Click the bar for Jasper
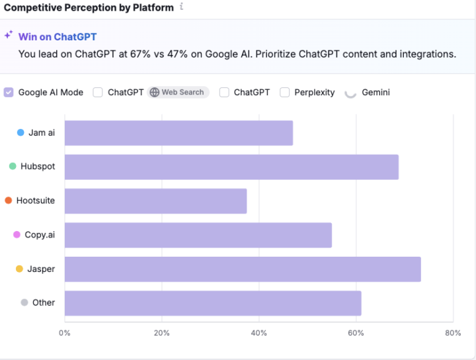(242, 269)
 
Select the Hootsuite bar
(155, 201)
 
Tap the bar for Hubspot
(231, 167)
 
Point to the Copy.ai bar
(198, 235)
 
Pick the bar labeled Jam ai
(178, 133)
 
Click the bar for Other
(213, 303)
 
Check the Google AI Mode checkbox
(9, 93)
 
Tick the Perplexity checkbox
(285, 93)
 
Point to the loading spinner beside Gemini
(350, 93)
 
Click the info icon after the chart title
(182, 7)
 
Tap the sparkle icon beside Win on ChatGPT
(9, 35)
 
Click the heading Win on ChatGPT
(57, 37)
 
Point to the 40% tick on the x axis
(259, 333)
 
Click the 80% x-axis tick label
(453, 333)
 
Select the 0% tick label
(64, 333)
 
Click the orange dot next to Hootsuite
(8, 201)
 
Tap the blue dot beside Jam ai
(20, 132)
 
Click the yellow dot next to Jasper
(19, 269)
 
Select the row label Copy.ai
(40, 235)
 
